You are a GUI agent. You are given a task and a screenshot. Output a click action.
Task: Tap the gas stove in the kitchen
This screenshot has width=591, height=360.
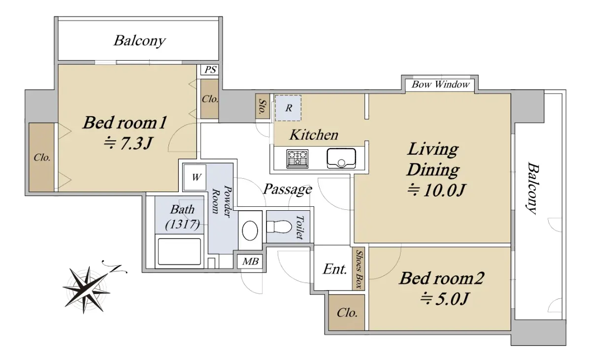[x=297, y=159]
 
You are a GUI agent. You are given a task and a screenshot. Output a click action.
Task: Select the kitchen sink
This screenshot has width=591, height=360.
[x=341, y=158]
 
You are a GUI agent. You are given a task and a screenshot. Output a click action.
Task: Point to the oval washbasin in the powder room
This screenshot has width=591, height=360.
[x=250, y=230]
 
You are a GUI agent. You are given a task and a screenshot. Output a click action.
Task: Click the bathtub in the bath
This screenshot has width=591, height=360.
[x=179, y=251]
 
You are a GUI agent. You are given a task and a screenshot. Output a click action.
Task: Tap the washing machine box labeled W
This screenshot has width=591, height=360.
[x=195, y=177]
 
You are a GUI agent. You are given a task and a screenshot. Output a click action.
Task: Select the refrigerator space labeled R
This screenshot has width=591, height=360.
[x=288, y=108]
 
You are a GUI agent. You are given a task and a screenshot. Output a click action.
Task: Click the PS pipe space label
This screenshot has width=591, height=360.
[x=210, y=69]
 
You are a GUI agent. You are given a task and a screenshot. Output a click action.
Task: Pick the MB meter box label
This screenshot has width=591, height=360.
[x=250, y=262]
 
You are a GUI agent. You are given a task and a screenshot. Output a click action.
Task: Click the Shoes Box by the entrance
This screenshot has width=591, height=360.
[x=359, y=269]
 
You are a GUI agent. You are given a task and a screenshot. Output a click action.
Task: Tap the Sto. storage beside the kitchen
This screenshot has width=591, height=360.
[x=263, y=106]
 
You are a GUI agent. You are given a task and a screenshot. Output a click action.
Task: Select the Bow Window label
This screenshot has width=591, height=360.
[x=440, y=84]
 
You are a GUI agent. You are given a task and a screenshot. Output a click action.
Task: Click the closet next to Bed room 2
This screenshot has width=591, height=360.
[x=347, y=313]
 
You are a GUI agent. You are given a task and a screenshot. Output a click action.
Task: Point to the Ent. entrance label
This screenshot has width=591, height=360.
[x=335, y=269]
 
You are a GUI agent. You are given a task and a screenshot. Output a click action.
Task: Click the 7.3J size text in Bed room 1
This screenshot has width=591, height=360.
[x=128, y=143]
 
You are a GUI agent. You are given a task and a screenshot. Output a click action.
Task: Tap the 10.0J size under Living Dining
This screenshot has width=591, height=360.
[x=436, y=190]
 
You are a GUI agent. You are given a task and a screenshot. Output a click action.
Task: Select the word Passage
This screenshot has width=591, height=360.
[x=288, y=189]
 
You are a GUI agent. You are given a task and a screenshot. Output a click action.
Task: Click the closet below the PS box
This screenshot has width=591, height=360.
[x=210, y=99]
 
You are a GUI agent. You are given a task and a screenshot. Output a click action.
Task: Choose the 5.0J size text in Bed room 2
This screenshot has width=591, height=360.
[x=444, y=299]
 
